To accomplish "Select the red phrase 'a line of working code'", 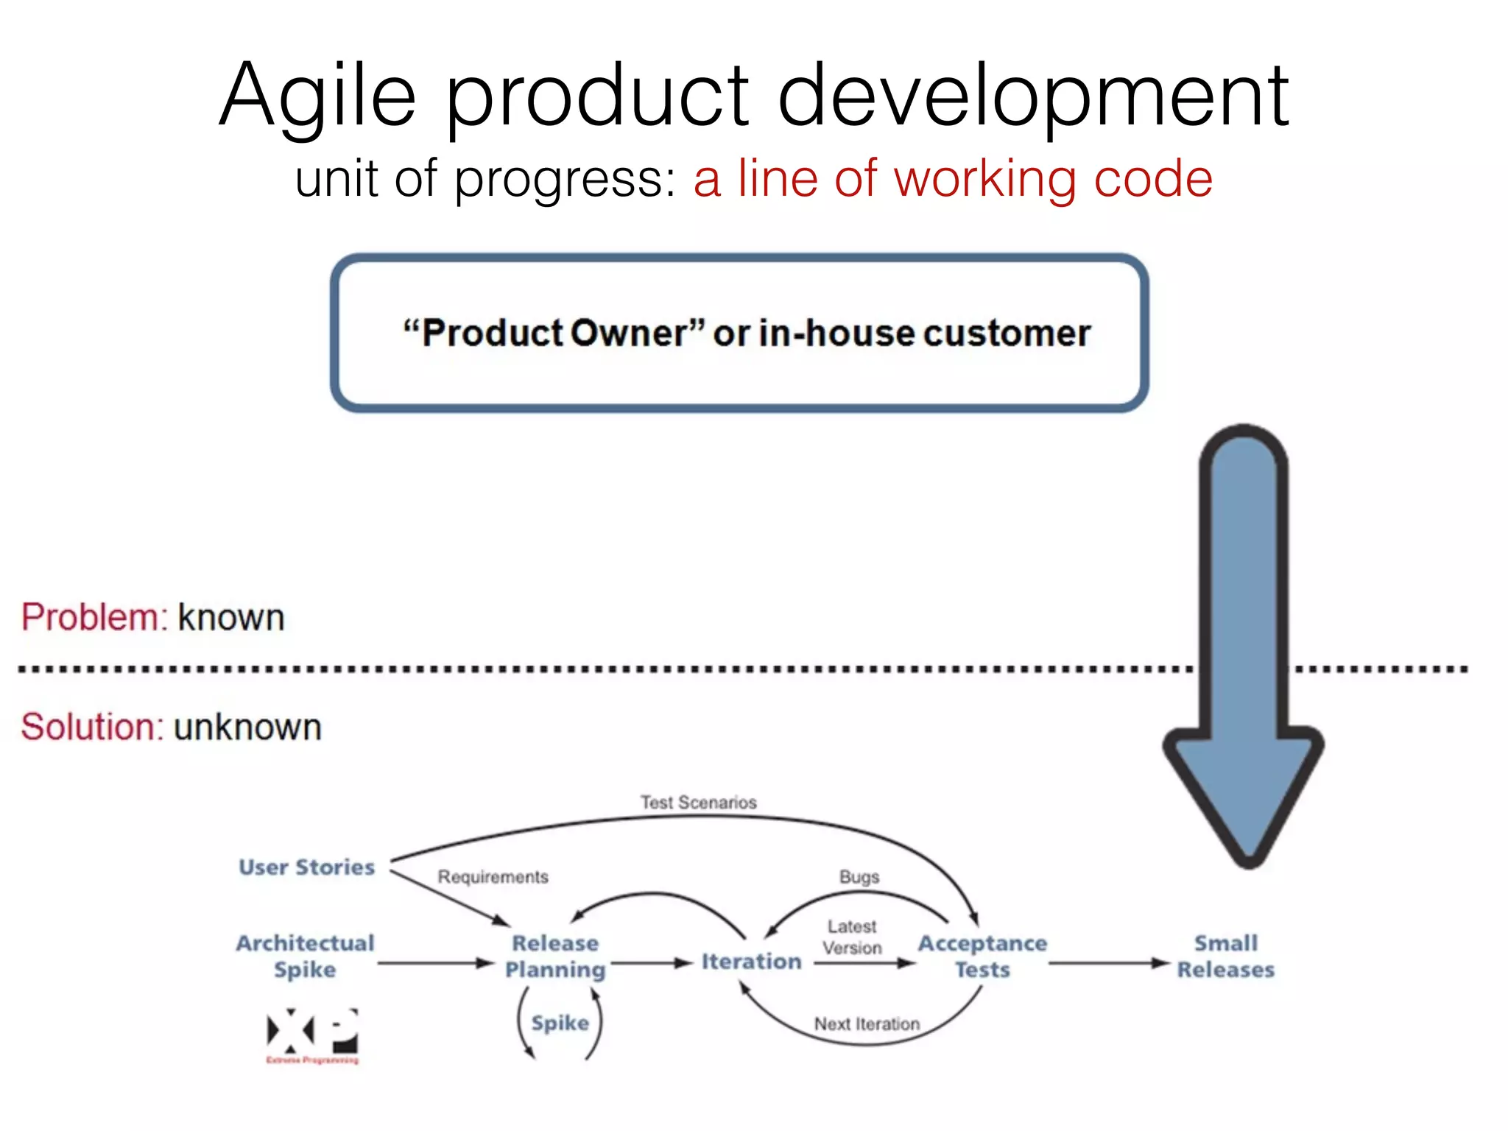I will pos(953,179).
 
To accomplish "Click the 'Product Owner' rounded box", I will pos(739,334).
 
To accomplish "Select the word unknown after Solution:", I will pos(248,727).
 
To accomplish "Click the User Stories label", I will pos(306,867).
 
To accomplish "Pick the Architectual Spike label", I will pos(305,956).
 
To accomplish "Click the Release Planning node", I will pos(555,956).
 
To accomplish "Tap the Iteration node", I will pos(751,962).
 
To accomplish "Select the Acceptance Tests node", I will pos(982,956).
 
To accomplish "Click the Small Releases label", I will pos(1225,956).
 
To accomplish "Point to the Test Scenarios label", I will pos(698,803).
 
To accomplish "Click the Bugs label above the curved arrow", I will pos(859,877).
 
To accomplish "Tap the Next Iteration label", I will pos(867,1024).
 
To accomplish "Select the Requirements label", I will pos(493,877).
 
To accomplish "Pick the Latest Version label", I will pos(852,937).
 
